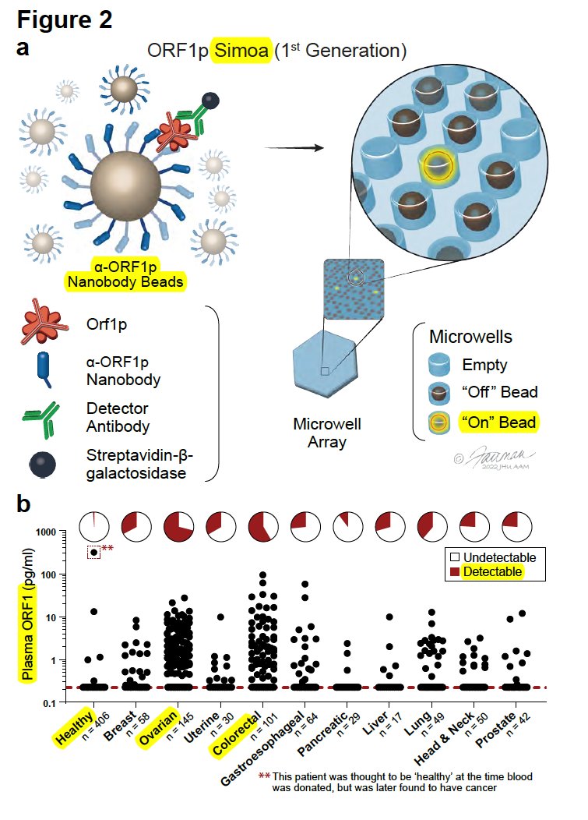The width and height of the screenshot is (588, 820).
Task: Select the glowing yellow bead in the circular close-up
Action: [438, 164]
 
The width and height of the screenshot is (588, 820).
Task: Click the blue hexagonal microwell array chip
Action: [325, 370]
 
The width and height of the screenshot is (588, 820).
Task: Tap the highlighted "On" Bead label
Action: [498, 423]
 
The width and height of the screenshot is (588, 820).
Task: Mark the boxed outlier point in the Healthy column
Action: [94, 552]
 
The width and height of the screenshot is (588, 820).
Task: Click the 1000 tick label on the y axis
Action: [59, 532]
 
